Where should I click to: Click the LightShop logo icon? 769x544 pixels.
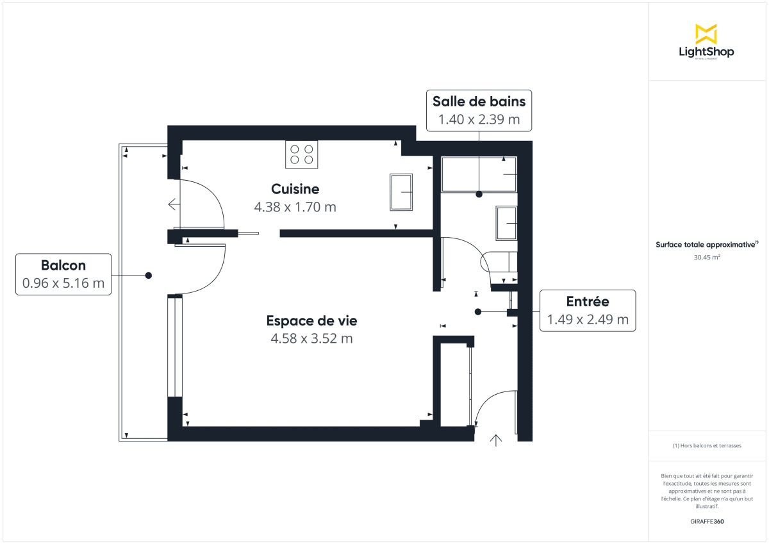tap(706, 34)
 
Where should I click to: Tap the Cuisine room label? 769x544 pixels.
tap(295, 189)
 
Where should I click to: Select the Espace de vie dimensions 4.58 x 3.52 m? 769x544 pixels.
tap(311, 338)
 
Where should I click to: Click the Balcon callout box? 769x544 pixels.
tap(63, 274)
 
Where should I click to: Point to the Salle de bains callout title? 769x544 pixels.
tap(479, 101)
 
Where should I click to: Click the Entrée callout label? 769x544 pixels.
tap(587, 301)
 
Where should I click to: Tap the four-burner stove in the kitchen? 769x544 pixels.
tap(301, 154)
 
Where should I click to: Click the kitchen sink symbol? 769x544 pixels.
tap(401, 192)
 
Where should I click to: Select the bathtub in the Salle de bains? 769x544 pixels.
tap(479, 174)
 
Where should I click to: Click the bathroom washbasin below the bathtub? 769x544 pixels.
tap(506, 222)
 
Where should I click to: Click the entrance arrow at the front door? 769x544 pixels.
tap(496, 440)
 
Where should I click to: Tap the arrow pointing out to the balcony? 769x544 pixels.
tap(173, 204)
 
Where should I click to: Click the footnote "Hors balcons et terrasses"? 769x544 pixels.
tap(707, 445)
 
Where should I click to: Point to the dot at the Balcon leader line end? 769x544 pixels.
tap(148, 275)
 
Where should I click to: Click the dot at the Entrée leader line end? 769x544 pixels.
tap(478, 311)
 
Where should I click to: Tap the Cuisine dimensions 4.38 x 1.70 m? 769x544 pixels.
tap(295, 207)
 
